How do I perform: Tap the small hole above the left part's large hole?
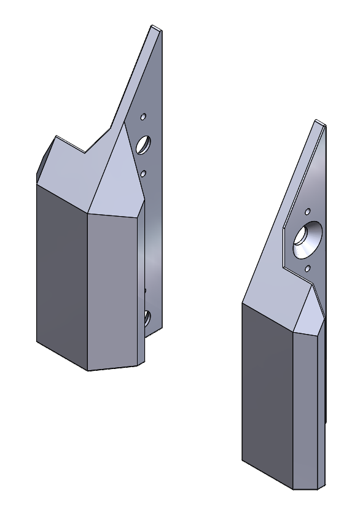coord(143,115)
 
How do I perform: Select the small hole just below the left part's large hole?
coord(143,174)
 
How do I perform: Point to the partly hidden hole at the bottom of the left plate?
coord(147,317)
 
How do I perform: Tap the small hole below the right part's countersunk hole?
coord(308,268)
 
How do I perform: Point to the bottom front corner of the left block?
coord(88,370)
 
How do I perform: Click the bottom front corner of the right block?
coord(294,489)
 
